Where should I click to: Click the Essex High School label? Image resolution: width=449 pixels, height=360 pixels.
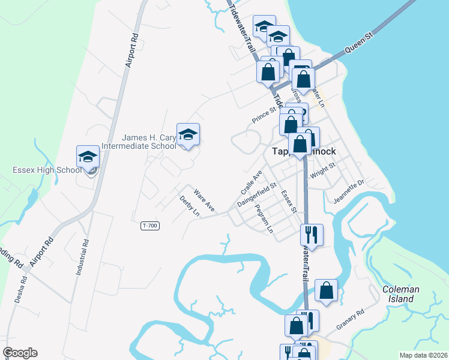click(47, 170)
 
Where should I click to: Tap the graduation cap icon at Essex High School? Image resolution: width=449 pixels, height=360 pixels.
click(88, 157)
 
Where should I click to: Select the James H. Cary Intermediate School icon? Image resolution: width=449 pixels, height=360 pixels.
click(188, 136)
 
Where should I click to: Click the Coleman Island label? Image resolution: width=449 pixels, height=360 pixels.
click(401, 294)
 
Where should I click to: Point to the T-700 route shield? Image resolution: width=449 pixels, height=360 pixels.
click(150, 226)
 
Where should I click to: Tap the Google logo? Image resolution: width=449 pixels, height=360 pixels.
click(20, 353)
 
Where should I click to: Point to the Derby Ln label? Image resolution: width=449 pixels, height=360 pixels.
click(189, 205)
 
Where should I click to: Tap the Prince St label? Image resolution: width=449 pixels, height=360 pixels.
click(264, 113)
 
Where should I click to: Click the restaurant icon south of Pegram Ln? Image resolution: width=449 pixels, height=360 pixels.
click(311, 234)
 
